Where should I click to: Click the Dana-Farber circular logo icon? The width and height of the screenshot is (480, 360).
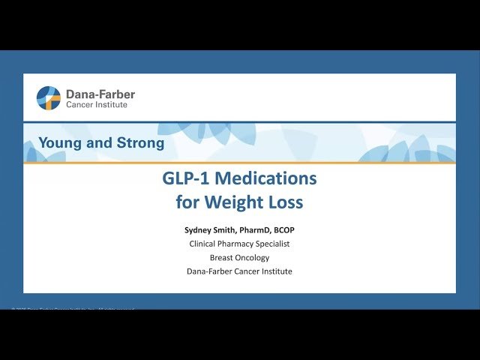(x=49, y=98)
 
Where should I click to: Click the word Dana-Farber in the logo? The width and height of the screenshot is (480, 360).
(x=100, y=94)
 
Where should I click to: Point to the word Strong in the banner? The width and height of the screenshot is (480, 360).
(x=137, y=142)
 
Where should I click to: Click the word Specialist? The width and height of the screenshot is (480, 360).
(x=271, y=244)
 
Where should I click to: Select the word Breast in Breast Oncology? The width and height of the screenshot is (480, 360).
(x=222, y=257)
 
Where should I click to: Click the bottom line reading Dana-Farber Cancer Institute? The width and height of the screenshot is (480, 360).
(x=239, y=271)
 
